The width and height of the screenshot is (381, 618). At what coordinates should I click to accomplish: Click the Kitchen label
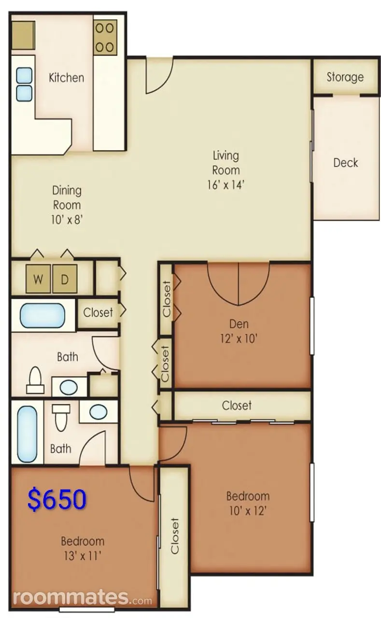[67, 78]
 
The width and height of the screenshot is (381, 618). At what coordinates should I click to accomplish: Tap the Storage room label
[345, 77]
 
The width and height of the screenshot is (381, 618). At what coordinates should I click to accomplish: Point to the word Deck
[346, 163]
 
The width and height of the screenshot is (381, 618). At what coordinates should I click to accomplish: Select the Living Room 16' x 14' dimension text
[226, 185]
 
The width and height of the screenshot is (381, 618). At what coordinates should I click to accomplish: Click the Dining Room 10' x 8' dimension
[67, 220]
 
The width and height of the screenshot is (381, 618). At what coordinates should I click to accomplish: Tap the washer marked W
[38, 279]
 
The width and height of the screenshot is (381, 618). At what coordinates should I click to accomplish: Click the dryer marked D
[65, 279]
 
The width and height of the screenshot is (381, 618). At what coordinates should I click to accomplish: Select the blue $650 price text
[57, 499]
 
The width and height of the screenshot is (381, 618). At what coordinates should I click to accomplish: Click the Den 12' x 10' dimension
[239, 338]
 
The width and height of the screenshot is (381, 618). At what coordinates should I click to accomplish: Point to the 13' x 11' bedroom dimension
[83, 556]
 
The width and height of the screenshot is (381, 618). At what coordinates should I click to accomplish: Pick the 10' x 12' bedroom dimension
[248, 511]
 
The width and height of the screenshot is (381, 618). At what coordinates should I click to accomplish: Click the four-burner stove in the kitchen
[105, 38]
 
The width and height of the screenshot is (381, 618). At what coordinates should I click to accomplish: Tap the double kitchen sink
[24, 84]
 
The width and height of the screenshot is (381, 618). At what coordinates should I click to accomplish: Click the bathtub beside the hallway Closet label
[42, 316]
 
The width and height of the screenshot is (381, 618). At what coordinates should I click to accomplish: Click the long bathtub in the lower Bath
[28, 434]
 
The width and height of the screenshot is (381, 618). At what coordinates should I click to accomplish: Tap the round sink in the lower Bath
[99, 412]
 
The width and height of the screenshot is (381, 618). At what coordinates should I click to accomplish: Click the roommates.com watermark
[82, 598]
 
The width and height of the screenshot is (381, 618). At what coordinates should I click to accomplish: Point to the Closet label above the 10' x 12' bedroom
[237, 406]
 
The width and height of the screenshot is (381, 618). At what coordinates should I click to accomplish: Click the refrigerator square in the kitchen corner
[23, 35]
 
